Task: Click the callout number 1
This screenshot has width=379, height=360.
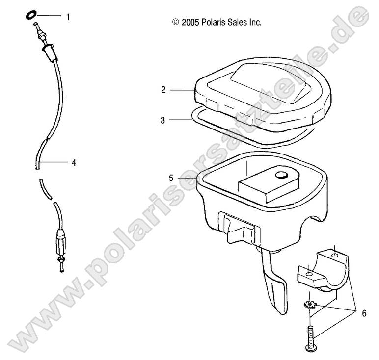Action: tap(68, 17)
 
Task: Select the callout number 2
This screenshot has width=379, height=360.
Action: tap(163, 90)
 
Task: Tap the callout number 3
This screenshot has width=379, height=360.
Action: tap(163, 120)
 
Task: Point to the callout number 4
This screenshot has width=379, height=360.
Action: tap(74, 162)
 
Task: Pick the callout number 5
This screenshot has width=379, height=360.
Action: tap(171, 178)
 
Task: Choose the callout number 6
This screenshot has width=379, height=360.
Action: tap(364, 313)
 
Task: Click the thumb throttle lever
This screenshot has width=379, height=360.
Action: tap(275, 284)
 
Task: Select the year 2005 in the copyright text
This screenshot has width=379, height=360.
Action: tap(189, 22)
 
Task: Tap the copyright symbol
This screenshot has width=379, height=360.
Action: tap(175, 22)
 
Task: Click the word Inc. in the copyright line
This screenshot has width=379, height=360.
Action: tap(253, 22)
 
